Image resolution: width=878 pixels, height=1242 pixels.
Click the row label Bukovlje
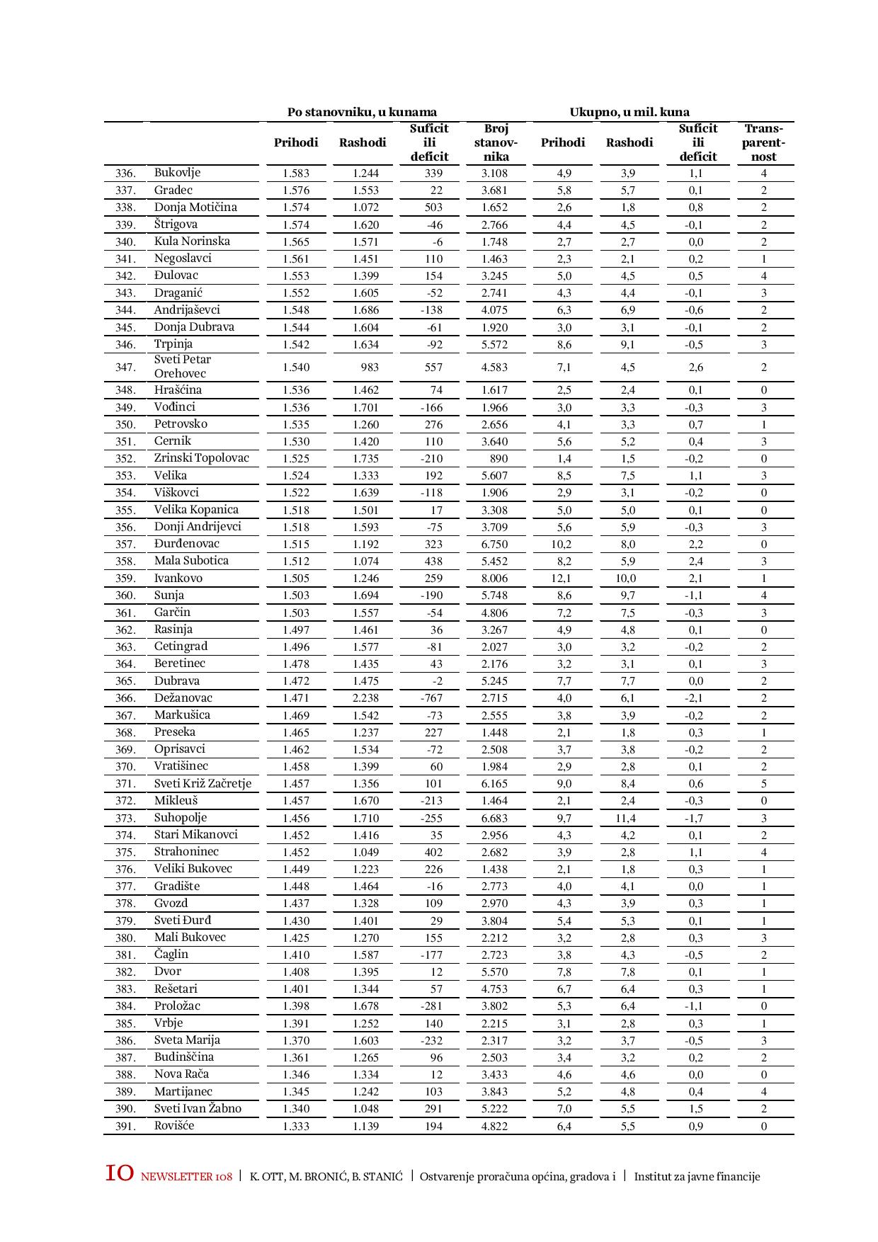[178, 173]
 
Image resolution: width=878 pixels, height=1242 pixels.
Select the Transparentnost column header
[763, 142]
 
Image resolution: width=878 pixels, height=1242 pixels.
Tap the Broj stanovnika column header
[496, 142]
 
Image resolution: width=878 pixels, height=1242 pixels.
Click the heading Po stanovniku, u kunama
[362, 112]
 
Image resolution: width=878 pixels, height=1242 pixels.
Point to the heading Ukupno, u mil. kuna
[629, 112]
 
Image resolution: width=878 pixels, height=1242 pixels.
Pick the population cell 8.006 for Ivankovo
[494, 579]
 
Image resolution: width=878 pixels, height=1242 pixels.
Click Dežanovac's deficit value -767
[430, 698]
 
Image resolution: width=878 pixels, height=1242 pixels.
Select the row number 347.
[125, 368]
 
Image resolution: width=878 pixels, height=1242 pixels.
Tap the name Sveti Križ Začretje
[203, 784]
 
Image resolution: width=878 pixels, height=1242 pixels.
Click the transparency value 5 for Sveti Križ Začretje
[763, 784]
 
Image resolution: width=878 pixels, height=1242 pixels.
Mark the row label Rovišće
[174, 1126]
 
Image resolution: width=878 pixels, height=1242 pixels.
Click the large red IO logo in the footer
[119, 1173]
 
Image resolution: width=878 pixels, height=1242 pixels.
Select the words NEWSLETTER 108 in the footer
[186, 1177]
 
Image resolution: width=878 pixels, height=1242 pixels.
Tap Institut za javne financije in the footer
[697, 1177]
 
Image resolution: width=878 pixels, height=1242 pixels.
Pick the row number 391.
[125, 1127]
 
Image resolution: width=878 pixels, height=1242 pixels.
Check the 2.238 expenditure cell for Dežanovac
[365, 698]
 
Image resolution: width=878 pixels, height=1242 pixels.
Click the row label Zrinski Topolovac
[202, 458]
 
